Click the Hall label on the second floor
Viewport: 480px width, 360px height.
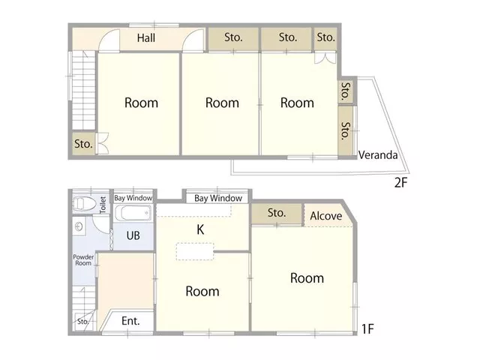pyautogui.click(x=146, y=38)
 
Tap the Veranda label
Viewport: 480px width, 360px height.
pyautogui.click(x=378, y=155)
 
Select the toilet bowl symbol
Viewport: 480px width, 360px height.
pyautogui.click(x=85, y=203)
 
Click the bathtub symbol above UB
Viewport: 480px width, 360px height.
pyautogui.click(x=133, y=213)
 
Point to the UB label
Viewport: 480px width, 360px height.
pyautogui.click(x=133, y=235)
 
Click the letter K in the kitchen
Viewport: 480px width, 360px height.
pyautogui.click(x=200, y=229)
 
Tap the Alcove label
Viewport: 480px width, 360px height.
pyautogui.click(x=326, y=216)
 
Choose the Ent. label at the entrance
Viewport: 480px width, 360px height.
pyautogui.click(x=130, y=321)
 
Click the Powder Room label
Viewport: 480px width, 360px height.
pyautogui.click(x=83, y=260)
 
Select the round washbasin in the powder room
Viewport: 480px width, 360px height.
pyautogui.click(x=79, y=226)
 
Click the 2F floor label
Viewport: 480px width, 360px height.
pyautogui.click(x=400, y=182)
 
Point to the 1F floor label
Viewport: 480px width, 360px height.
pyautogui.click(x=367, y=329)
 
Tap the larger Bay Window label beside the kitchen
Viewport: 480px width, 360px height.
pyautogui.click(x=218, y=198)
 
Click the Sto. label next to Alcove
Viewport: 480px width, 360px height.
pyautogui.click(x=277, y=213)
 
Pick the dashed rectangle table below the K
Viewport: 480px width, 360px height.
pyautogui.click(x=195, y=252)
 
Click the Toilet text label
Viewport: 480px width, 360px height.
pyautogui.click(x=103, y=205)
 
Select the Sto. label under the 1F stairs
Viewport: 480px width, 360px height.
pyautogui.click(x=82, y=322)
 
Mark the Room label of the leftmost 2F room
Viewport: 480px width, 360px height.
pyautogui.click(x=142, y=103)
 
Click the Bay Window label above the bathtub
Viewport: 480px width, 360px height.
pyautogui.click(x=133, y=198)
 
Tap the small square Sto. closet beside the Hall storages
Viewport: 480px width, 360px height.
pyautogui.click(x=325, y=39)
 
